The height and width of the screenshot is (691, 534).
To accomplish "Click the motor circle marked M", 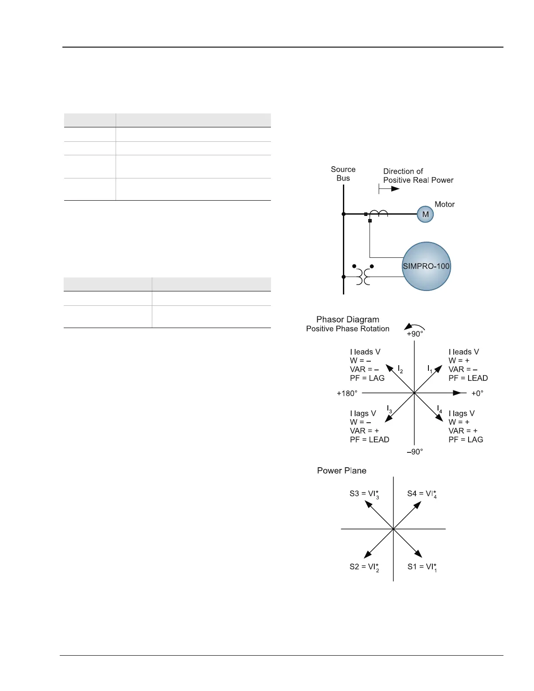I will coord(425,214).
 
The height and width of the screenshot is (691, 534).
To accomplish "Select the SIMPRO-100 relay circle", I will coord(426,266).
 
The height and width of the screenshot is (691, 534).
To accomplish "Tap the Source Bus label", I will coord(343,174).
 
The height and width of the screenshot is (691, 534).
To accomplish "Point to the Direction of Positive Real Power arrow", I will coord(389,189).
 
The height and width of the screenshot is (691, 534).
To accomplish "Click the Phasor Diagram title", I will coord(348,320).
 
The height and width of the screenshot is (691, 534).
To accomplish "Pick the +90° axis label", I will coord(415,334).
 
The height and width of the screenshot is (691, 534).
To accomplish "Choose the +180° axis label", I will coord(347,393).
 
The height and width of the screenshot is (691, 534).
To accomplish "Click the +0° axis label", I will coord(477,393).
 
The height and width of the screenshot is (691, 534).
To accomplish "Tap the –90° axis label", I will coord(415,452).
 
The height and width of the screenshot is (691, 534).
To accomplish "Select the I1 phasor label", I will coord(430,369).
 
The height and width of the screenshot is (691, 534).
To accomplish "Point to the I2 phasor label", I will coord(400,369).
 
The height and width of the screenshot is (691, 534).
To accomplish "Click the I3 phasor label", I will coord(390,409).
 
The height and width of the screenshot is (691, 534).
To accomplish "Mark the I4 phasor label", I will coord(440,409).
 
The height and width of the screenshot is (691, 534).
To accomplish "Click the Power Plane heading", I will coord(342,471).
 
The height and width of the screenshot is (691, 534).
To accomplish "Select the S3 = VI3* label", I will coord(364,494).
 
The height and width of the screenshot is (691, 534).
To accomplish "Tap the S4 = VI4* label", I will coord(422,494).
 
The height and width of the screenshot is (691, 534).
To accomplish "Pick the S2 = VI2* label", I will coord(364,567).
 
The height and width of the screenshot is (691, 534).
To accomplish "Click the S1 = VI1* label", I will coord(422,567).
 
